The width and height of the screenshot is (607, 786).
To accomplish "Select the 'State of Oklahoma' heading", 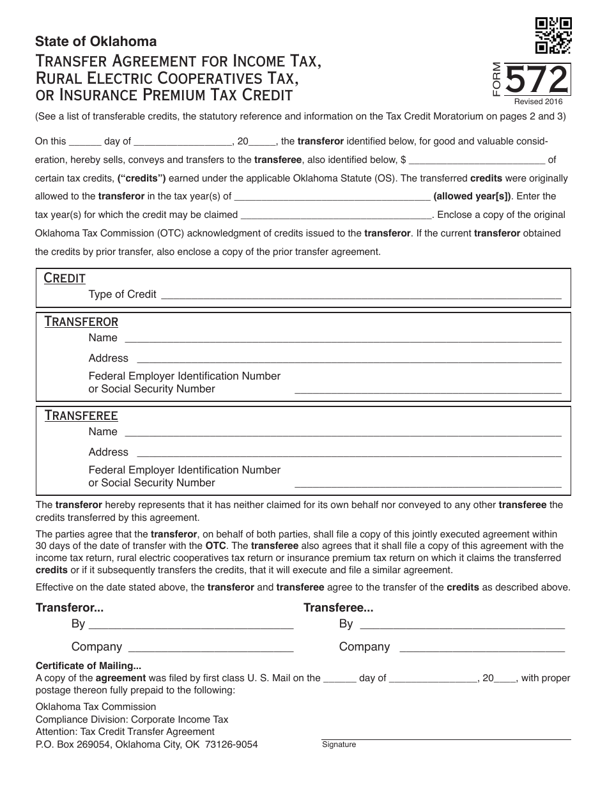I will pyautogui.click(x=96, y=42).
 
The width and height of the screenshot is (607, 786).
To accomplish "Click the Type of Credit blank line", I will pyautogui.click(x=361, y=296).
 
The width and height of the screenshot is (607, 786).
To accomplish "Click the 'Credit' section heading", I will pyautogui.click(x=64, y=278).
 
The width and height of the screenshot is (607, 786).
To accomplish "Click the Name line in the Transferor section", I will pyautogui.click(x=342, y=339).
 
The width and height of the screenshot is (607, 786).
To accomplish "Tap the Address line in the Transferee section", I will pyautogui.click(x=348, y=453).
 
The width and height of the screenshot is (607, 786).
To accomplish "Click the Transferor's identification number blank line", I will pyautogui.click(x=427, y=389).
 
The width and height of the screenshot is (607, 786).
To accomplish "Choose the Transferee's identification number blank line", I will pyautogui.click(x=427, y=483).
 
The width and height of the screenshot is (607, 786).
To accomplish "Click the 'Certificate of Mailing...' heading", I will pyautogui.click(x=88, y=665).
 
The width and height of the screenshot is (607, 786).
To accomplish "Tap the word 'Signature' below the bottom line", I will pyautogui.click(x=339, y=744).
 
